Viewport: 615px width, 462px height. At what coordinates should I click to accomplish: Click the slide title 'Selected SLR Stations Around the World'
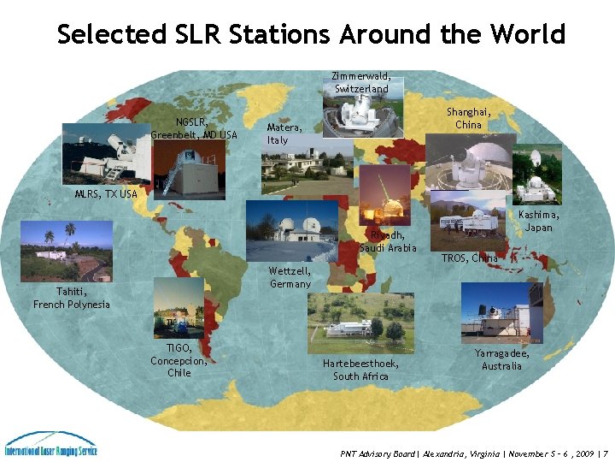pos(311,34)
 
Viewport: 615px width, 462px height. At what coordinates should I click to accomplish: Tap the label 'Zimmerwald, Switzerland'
pos(361,82)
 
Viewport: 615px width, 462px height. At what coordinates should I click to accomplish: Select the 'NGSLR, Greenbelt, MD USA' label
pos(194,128)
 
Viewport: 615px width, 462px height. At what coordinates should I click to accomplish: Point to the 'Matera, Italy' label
pos(278,133)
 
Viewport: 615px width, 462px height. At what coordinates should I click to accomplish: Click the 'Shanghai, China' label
pos(468,118)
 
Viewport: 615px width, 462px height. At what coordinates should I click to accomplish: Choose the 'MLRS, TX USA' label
pos(105,194)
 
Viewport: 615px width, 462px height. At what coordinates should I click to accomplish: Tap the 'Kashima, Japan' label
pos(539,221)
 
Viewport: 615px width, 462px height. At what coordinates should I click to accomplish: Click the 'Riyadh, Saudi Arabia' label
pos(388,241)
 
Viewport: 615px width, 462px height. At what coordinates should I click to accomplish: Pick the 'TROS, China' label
pos(470,258)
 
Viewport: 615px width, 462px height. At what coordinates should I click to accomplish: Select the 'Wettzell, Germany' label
pos(290,277)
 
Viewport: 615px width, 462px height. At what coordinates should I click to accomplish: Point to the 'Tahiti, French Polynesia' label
pos(72,298)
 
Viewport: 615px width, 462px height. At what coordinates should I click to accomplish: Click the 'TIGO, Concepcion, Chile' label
pos(179,360)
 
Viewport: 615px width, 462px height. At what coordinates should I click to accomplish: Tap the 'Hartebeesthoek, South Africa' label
pos(360,370)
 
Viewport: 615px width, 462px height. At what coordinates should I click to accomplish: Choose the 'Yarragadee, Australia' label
pos(501,359)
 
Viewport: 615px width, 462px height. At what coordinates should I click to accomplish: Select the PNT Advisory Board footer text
pos(474,453)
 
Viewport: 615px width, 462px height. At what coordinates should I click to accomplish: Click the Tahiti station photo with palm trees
pos(66,252)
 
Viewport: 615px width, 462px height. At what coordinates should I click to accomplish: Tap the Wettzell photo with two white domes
pos(291,230)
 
